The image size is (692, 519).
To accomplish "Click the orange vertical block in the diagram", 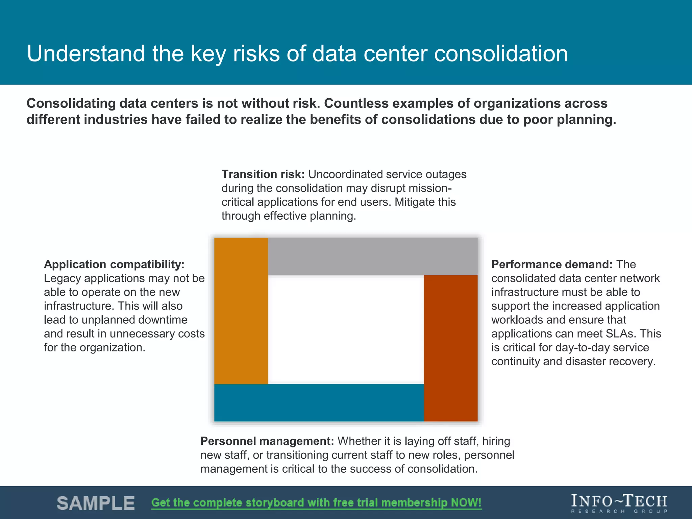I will coord(241,311).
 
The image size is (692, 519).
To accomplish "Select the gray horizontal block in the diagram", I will coord(373,256).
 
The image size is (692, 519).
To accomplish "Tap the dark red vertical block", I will coord(451,348).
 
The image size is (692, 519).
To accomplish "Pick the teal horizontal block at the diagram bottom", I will coord(319,402).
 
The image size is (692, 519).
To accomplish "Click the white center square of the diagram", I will coord(346,329).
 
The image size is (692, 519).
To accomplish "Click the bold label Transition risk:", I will coord(263,174).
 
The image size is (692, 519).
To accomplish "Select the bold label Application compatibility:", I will coord(114,265).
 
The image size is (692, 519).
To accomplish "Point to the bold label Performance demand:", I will coord(552,265).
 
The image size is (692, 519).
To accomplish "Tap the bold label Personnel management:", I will coord(267,441).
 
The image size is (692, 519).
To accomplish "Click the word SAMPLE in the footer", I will coord(96,503).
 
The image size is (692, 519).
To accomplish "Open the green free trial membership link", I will coord(316,503).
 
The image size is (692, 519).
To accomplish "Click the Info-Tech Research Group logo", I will coord(619,503).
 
